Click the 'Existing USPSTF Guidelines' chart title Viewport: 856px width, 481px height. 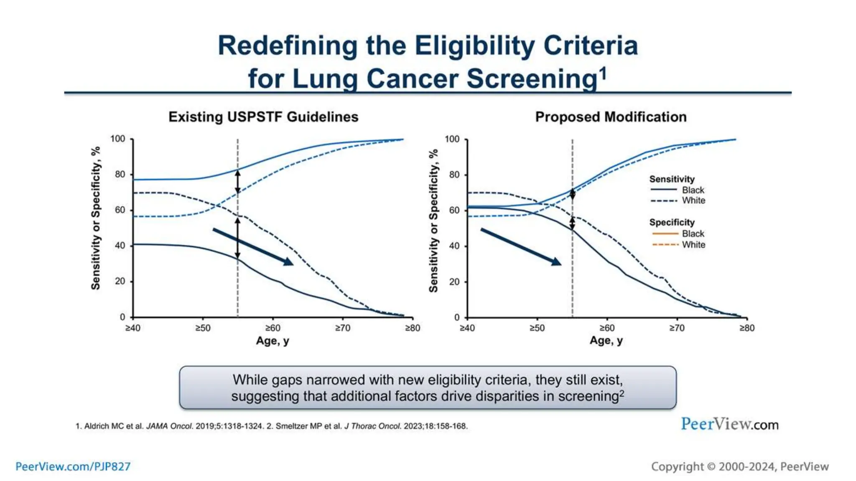click(263, 117)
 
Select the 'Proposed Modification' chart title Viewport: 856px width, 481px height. click(611, 117)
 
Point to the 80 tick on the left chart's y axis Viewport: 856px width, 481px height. click(120, 174)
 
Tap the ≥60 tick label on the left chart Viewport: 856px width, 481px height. click(273, 328)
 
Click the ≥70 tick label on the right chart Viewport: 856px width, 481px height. click(677, 328)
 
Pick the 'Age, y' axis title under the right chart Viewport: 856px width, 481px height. click(606, 341)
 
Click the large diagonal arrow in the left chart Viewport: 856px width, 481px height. click(253, 246)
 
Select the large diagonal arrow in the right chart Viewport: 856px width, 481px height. click(520, 246)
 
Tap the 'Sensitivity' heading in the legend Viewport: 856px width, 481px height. click(672, 179)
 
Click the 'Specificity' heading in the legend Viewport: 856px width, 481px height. click(672, 223)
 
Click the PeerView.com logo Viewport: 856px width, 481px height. click(729, 424)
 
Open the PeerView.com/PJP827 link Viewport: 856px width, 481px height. click(73, 466)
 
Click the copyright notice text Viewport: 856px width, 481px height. click(739, 466)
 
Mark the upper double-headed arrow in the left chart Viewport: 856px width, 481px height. click(237, 182)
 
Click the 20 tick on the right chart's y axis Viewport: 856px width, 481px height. click(454, 282)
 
